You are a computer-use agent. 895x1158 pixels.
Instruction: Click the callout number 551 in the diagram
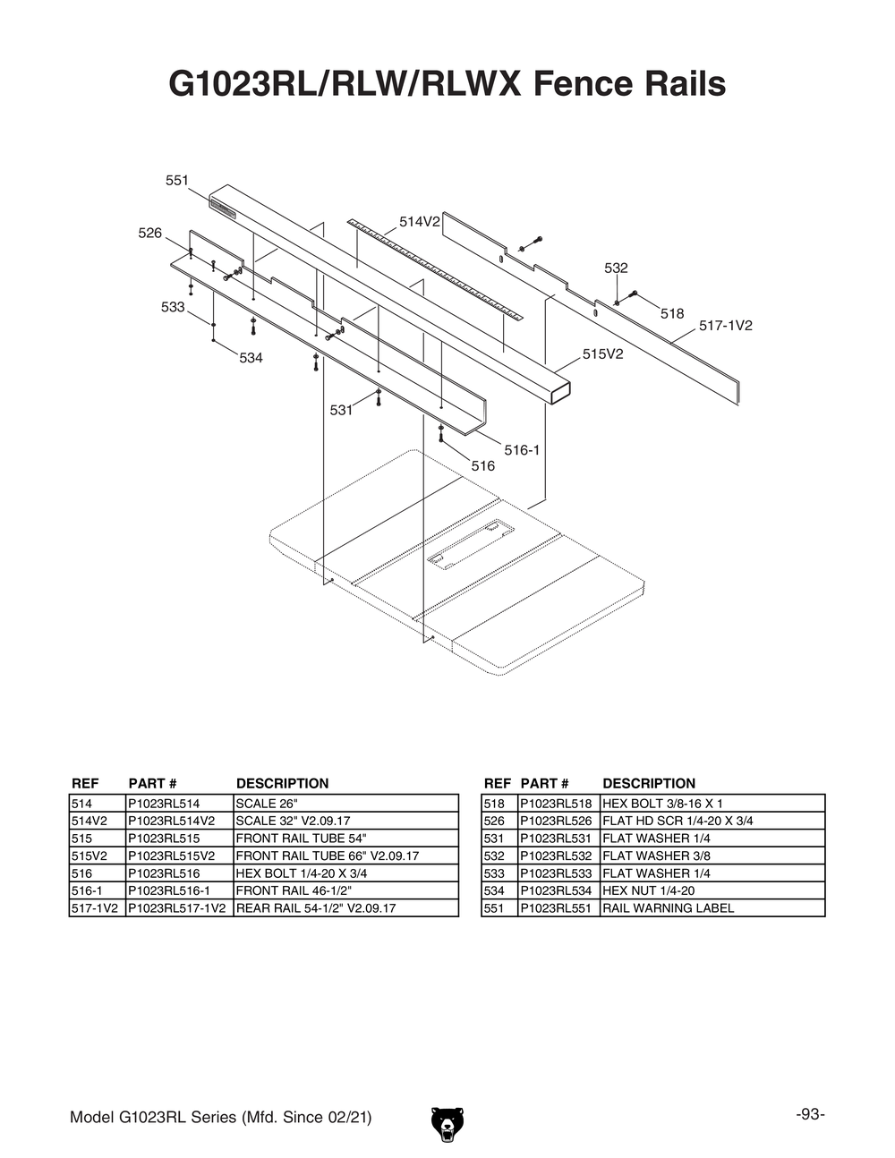(176, 181)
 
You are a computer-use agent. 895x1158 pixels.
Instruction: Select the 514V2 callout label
(419, 222)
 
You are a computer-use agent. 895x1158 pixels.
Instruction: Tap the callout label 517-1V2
(725, 327)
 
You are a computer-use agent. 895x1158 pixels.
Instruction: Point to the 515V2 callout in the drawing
(602, 354)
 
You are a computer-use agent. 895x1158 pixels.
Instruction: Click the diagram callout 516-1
(522, 450)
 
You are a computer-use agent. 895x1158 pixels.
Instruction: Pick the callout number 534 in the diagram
(251, 358)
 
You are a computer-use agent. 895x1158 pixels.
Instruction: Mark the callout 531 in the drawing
(341, 411)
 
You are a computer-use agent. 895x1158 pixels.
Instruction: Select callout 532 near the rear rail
(616, 268)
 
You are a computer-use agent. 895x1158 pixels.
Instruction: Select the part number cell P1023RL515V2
(179, 856)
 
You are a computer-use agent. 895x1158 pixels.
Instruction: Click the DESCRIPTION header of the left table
(282, 784)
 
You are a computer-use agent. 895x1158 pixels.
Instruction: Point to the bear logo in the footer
(447, 1124)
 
